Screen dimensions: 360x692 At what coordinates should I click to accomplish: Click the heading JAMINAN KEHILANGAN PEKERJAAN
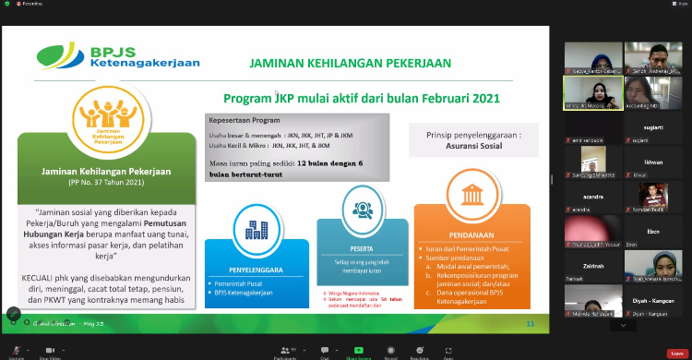point(351,64)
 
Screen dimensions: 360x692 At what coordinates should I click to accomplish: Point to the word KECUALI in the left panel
point(42,277)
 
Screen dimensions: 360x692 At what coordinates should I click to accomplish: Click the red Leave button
point(676,353)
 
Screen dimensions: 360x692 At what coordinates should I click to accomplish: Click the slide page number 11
point(530,323)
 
